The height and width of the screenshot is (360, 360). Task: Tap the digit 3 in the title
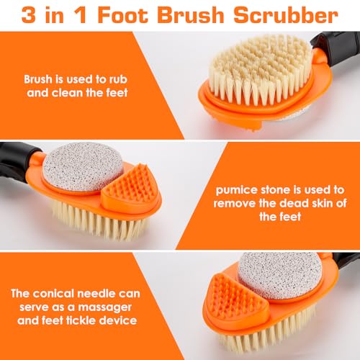tap(30, 15)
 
